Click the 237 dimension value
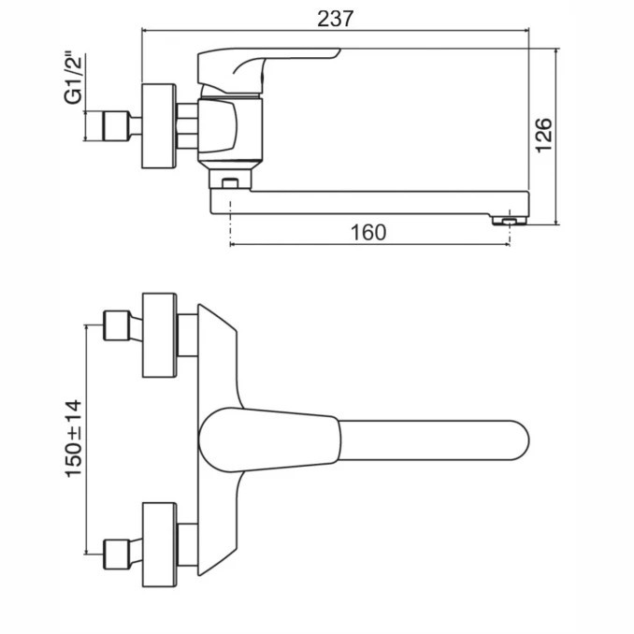pyautogui.click(x=335, y=19)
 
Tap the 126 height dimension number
pyautogui.click(x=544, y=135)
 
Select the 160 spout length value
pyautogui.click(x=368, y=233)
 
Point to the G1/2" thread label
pyautogui.click(x=73, y=78)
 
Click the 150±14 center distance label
pyautogui.click(x=74, y=439)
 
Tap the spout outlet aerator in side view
pyautogui.click(x=510, y=221)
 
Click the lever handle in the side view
pyautogui.click(x=269, y=72)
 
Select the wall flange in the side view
pyautogui.click(x=159, y=125)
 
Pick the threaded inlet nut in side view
pyautogui.click(x=116, y=125)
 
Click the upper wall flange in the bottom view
pyautogui.click(x=159, y=335)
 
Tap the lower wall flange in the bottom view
pyautogui.click(x=159, y=544)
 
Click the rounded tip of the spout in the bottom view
pyautogui.click(x=521, y=440)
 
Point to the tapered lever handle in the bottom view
pyautogui.click(x=269, y=439)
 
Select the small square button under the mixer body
pyautogui.click(x=230, y=183)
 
